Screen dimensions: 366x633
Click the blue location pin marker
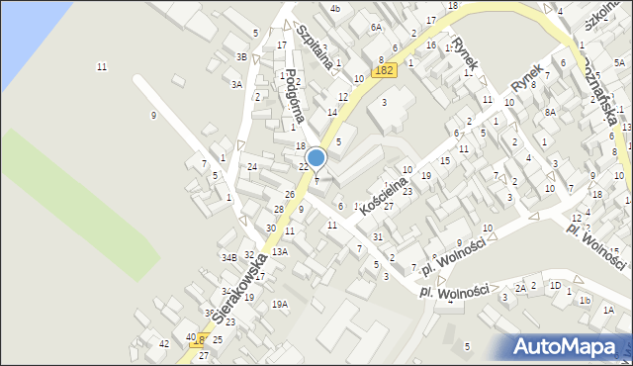[316, 158]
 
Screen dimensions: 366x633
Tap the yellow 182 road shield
[386, 70]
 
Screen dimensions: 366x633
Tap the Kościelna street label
[387, 185]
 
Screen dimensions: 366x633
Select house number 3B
[241, 56]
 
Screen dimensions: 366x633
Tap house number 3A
[236, 85]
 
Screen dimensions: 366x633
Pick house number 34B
[229, 257]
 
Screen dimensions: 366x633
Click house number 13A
[280, 252]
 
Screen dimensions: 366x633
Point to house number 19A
[280, 305]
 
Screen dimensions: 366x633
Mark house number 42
[164, 343]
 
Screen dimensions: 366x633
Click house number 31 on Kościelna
[378, 236]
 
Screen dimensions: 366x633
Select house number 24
[252, 166]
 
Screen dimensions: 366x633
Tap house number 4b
[335, 9]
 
